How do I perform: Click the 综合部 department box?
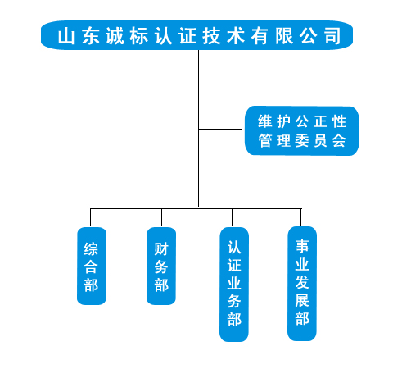tap(92, 266)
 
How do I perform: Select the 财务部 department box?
tap(161, 266)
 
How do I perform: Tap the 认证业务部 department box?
tap(234, 285)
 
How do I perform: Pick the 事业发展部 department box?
tap(302, 284)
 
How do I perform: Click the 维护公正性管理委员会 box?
tap(302, 131)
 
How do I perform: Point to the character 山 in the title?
tap(66, 36)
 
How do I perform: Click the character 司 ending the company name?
tap(332, 36)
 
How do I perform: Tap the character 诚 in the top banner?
tap(115, 36)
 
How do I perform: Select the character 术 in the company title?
tap(236, 36)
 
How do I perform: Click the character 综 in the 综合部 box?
tap(91, 249)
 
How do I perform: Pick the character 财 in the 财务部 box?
tap(161, 249)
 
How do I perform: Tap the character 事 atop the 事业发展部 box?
tap(302, 246)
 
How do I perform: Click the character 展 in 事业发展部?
tap(302, 300)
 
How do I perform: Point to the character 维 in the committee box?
tap(265, 121)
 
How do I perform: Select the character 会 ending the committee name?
tap(339, 141)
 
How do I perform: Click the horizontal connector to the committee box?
tap(220, 129)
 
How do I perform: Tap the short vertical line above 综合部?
tap(90, 217)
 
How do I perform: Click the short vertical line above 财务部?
tap(161, 217)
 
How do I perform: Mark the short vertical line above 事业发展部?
tap(300, 217)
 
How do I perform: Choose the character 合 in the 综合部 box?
tap(91, 267)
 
